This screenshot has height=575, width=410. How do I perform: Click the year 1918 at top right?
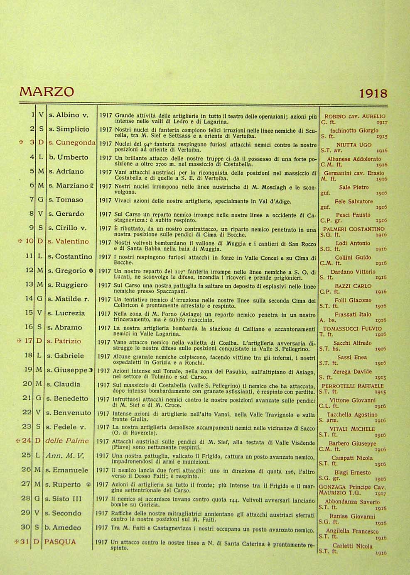click(x=373, y=93)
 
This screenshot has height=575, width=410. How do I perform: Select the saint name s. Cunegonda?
click(x=71, y=143)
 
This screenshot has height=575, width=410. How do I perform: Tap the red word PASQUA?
click(x=60, y=542)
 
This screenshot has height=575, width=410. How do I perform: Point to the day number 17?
click(x=28, y=341)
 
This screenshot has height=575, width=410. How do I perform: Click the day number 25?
click(x=26, y=455)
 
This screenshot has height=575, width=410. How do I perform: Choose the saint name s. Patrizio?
click(x=64, y=341)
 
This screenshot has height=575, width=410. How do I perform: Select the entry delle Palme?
click(x=67, y=441)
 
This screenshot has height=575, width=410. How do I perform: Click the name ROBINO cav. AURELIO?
click(x=355, y=117)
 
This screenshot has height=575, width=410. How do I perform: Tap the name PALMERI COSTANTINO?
click(x=354, y=229)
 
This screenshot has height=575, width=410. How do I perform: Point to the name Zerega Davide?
click(x=352, y=372)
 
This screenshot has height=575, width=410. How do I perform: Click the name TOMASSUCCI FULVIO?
click(x=353, y=329)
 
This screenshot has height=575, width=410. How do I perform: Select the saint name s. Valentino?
click(x=68, y=241)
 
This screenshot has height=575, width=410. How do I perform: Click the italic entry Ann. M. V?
click(x=64, y=455)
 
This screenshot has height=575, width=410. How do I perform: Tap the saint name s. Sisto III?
click(x=63, y=499)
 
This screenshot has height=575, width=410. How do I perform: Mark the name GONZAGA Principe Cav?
click(x=352, y=487)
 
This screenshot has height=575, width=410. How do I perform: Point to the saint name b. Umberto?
click(x=68, y=157)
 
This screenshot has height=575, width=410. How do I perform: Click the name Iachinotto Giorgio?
click(x=354, y=130)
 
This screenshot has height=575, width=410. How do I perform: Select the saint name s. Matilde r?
click(x=68, y=299)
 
